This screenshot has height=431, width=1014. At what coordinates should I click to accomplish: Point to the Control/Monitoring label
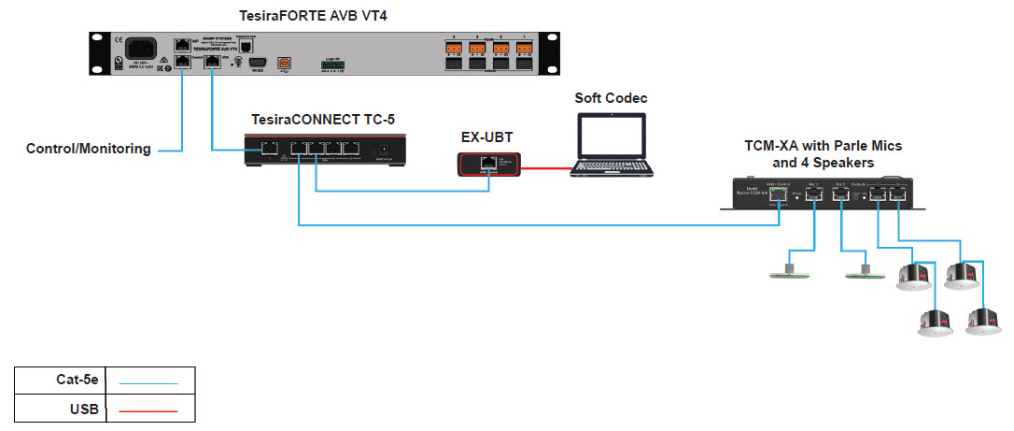pyautogui.click(x=88, y=149)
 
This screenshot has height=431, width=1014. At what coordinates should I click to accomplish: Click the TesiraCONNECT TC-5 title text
pyautogui.click(x=328, y=121)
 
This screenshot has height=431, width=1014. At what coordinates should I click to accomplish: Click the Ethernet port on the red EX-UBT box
pyautogui.click(x=486, y=163)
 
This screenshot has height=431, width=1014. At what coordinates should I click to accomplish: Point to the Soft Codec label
pyautogui.click(x=611, y=98)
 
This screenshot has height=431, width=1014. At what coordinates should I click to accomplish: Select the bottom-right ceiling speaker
pyautogui.click(x=983, y=322)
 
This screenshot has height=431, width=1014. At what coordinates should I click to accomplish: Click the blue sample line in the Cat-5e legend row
pyautogui.click(x=148, y=382)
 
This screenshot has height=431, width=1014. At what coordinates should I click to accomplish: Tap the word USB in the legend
pyautogui.click(x=85, y=409)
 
